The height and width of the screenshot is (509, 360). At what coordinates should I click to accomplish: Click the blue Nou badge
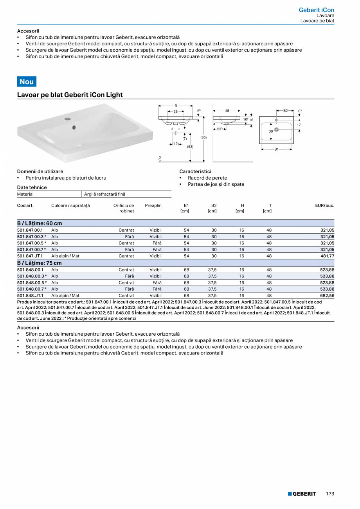click(27, 81)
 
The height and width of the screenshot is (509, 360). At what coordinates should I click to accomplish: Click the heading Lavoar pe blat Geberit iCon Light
click(70, 95)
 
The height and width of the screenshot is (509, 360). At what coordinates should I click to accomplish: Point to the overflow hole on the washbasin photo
click(74, 127)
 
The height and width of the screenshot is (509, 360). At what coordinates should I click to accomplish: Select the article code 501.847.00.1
click(30, 230)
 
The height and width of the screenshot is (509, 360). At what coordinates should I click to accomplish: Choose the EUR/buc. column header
click(325, 205)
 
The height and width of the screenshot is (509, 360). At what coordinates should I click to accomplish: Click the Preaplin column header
click(153, 205)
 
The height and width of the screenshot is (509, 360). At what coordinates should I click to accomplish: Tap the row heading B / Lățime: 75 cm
click(40, 263)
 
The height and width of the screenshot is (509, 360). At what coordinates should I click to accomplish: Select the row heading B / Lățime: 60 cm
click(40, 223)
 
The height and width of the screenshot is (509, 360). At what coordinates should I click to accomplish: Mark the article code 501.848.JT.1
click(30, 296)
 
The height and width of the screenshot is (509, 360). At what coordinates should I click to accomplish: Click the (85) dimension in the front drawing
click(203, 137)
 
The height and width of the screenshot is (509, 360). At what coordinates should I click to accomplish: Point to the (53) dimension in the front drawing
click(190, 147)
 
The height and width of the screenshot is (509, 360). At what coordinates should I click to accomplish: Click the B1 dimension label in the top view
click(276, 149)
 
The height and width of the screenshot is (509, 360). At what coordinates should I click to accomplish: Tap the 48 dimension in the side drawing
click(227, 111)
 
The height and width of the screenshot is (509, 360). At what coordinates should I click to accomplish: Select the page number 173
click(330, 494)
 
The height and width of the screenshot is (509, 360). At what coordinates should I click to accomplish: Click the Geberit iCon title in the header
click(316, 10)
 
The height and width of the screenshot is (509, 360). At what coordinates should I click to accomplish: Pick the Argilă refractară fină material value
click(105, 194)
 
